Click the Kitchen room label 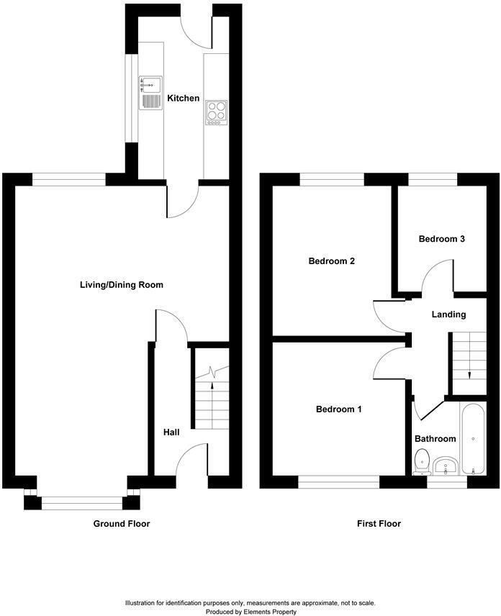[x=184, y=98]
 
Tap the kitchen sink [x=150, y=92]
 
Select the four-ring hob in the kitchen [x=216, y=112]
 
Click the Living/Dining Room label [x=122, y=285]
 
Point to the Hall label [x=171, y=432]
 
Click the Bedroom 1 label [x=338, y=409]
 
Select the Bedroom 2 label [x=332, y=261]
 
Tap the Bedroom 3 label [x=442, y=239]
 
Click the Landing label [x=448, y=314]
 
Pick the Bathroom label [x=435, y=439]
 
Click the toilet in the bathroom [x=423, y=460]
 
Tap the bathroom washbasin [x=446, y=466]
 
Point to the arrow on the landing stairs [x=469, y=373]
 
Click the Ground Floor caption [x=122, y=524]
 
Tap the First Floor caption [x=379, y=524]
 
